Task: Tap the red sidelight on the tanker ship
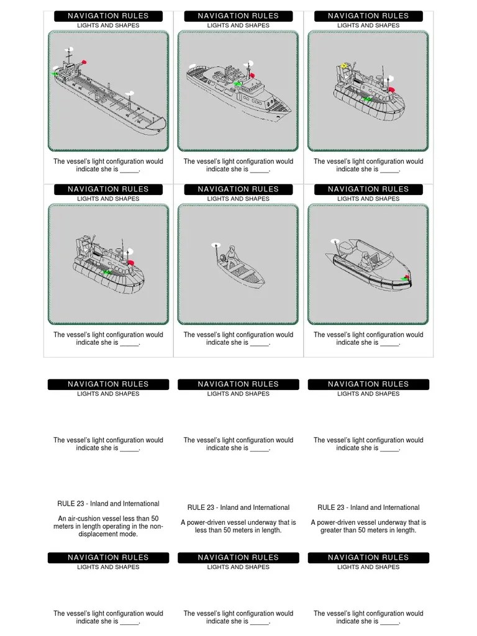pyautogui.click(x=84, y=61)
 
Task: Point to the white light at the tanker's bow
pyautogui.click(x=130, y=93)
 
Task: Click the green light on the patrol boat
pyautogui.click(x=237, y=83)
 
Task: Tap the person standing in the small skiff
pyautogui.click(x=232, y=255)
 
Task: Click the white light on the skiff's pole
pyautogui.click(x=215, y=245)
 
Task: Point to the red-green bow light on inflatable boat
pyautogui.click(x=406, y=278)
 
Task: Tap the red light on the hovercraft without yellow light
pyautogui.click(x=131, y=263)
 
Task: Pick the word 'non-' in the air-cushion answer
pyautogui.click(x=157, y=527)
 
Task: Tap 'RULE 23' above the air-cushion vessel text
pyautogui.click(x=72, y=504)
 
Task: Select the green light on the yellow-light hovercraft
pyautogui.click(x=368, y=98)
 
